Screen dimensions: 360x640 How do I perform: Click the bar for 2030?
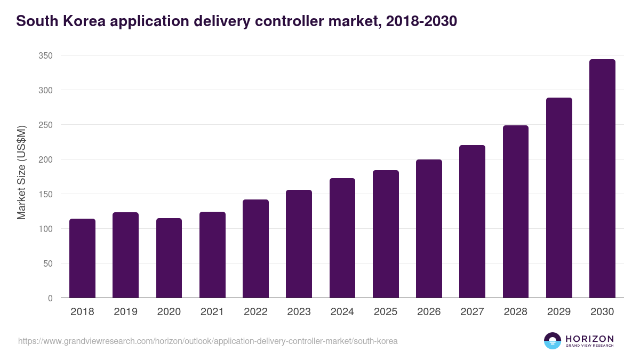[x=602, y=179]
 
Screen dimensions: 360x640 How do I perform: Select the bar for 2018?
[x=82, y=258]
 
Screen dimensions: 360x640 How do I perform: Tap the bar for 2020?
[x=169, y=258]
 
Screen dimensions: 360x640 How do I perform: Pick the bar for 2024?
[x=342, y=238]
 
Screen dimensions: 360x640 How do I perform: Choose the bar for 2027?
[x=472, y=221]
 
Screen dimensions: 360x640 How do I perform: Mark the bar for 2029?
[x=559, y=198]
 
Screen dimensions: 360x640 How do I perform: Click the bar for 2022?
[x=255, y=249]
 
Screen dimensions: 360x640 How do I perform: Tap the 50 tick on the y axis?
[x=48, y=263]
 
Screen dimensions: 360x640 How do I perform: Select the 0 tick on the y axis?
[x=50, y=298]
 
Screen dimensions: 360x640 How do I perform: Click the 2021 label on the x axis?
[x=212, y=312]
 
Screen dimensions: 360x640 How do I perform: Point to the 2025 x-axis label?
[x=386, y=312]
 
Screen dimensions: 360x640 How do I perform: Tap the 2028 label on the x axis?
[x=516, y=312]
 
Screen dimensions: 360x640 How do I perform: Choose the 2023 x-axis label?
[x=299, y=312]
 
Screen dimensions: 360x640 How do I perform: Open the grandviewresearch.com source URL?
[x=208, y=341]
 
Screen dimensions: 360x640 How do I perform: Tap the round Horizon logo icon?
[x=553, y=341]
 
